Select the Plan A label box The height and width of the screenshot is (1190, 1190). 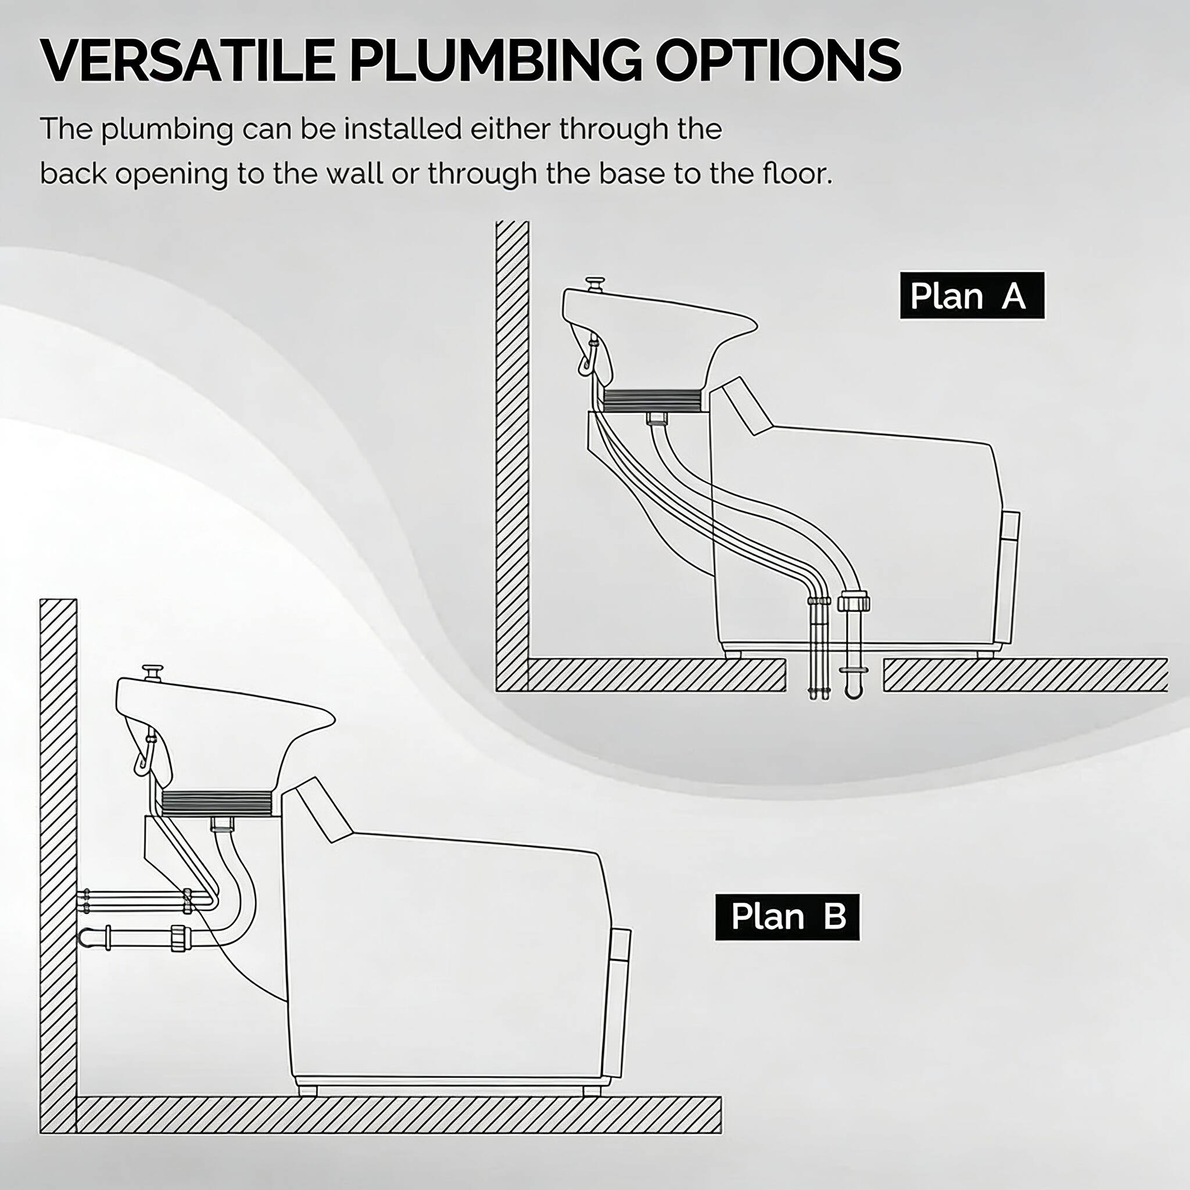[x=972, y=296]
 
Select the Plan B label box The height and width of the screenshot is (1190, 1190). [x=787, y=917]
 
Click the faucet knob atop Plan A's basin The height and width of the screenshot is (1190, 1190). [x=595, y=284]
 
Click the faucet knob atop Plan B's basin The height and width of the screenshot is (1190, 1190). [x=152, y=671]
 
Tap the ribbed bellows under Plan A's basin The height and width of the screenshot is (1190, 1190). [x=653, y=400]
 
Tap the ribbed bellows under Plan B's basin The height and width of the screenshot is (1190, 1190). [x=216, y=803]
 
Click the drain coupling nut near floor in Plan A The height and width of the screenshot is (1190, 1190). [x=854, y=601]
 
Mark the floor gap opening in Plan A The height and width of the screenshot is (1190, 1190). [x=834, y=675]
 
